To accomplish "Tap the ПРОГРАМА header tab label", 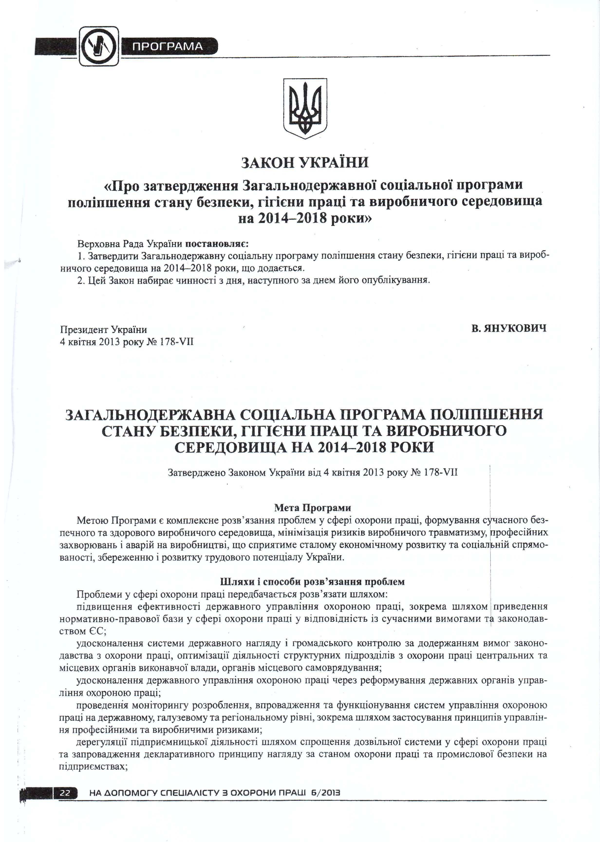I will pos(167,47).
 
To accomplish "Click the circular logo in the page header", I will pos(99,47).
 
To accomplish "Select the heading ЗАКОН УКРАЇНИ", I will pos(305,163).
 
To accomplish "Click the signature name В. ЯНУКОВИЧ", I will pos(509,328).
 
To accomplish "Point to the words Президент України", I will pos(103,329).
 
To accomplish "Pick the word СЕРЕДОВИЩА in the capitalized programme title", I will pos(231,448).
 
